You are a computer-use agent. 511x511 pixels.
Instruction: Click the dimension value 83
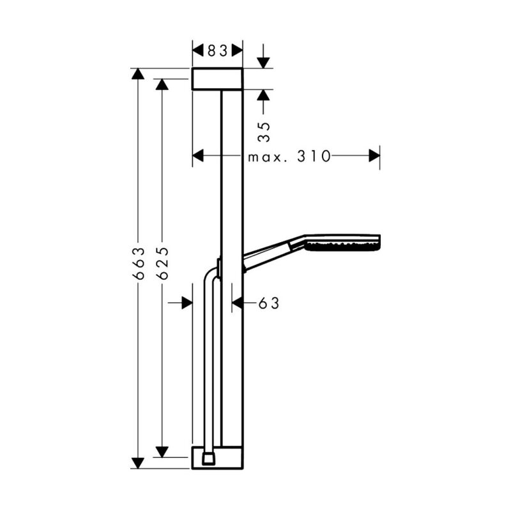coord(217,51)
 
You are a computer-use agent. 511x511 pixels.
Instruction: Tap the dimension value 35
coord(264,132)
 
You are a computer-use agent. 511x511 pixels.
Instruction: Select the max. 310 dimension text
coord(289,156)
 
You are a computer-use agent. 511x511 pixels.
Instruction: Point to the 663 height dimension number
coord(138,263)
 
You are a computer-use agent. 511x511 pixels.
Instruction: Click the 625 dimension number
coord(162,263)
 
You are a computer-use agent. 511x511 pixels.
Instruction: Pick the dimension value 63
coord(269,303)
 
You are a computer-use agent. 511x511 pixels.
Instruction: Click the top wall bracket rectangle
coord(217,79)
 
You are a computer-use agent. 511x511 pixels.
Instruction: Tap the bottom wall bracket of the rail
coord(217,457)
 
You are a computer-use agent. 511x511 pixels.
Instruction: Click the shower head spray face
coord(344,247)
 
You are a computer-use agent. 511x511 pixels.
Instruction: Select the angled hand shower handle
coord(274,254)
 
